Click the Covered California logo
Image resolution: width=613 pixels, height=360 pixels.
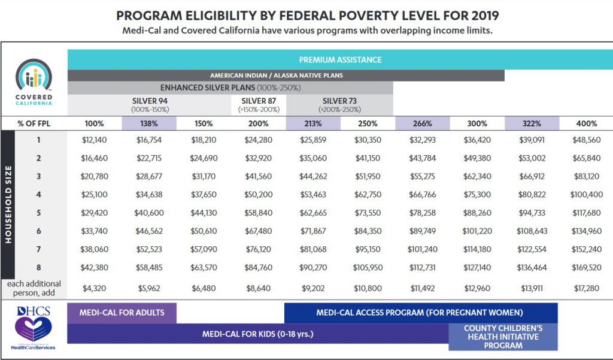(34, 81)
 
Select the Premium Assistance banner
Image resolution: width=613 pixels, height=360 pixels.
(340, 60)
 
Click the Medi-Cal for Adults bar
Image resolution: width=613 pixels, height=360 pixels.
(122, 313)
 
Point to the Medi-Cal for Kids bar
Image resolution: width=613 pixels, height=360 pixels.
(257, 334)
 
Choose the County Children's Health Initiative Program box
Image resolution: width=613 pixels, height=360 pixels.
(503, 337)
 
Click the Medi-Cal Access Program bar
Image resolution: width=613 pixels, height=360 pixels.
(420, 313)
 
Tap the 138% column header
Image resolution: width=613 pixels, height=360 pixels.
(149, 123)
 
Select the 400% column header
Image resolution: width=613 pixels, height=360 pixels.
(586, 123)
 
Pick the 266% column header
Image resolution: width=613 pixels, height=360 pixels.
(422, 123)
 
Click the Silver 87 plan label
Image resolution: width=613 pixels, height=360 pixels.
(259, 105)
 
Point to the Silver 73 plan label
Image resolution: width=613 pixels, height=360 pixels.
(339, 105)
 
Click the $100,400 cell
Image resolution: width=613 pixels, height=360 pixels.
(586, 195)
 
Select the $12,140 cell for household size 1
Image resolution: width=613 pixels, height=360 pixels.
(94, 141)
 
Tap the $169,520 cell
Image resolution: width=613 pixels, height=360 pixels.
(586, 267)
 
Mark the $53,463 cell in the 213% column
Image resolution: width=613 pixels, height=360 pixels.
(313, 195)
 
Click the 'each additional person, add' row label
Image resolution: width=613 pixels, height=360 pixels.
(35, 288)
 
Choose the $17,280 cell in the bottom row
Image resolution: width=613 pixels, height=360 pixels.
(586, 288)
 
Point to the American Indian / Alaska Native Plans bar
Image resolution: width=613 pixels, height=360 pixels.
(286, 76)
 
